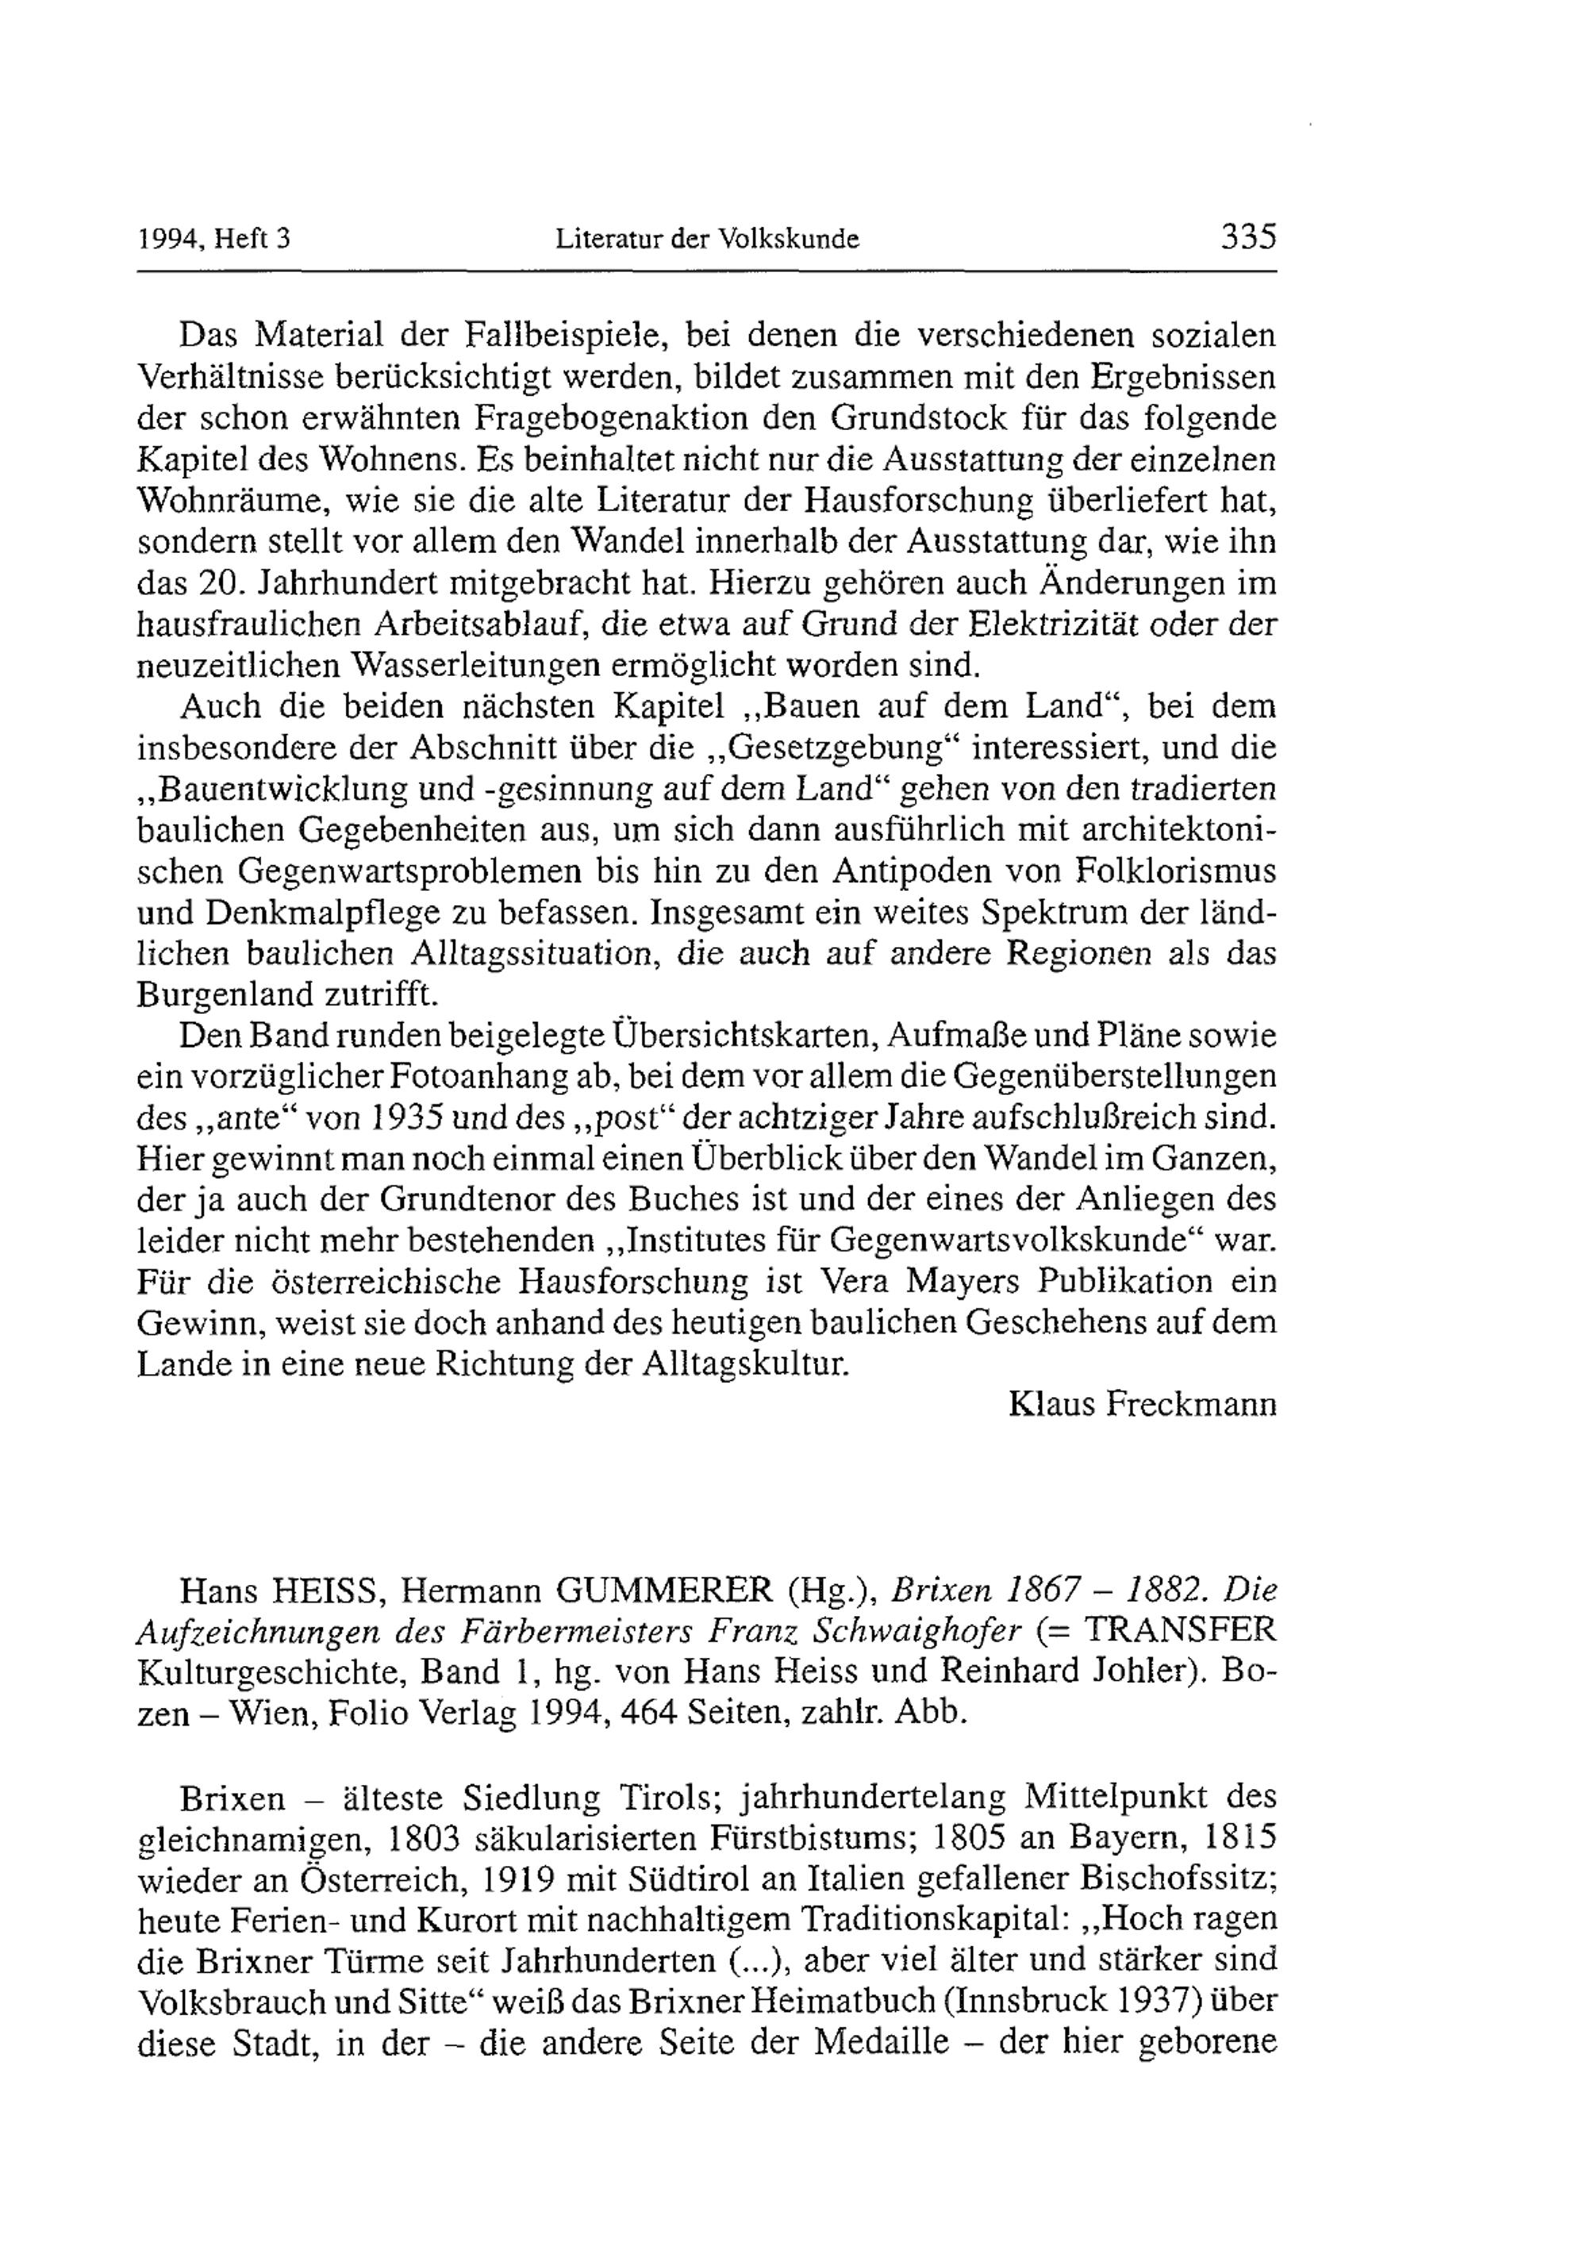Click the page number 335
point(1248,237)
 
